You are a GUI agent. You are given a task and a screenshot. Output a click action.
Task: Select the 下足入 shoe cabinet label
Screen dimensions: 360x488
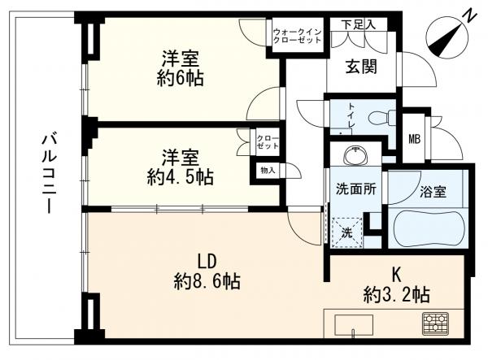358,24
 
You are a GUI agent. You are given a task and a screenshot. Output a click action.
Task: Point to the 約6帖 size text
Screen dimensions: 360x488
181,79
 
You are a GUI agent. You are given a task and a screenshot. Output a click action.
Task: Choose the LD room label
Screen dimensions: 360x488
206,262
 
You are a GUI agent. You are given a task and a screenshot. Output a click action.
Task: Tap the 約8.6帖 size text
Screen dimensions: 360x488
206,282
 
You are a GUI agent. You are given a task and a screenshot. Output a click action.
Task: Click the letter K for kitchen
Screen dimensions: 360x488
399,274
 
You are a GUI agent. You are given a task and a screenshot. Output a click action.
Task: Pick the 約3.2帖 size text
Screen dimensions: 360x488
399,294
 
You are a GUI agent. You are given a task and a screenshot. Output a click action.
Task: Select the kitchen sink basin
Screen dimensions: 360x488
355,323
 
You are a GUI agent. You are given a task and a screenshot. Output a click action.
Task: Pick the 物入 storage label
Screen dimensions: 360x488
268,171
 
